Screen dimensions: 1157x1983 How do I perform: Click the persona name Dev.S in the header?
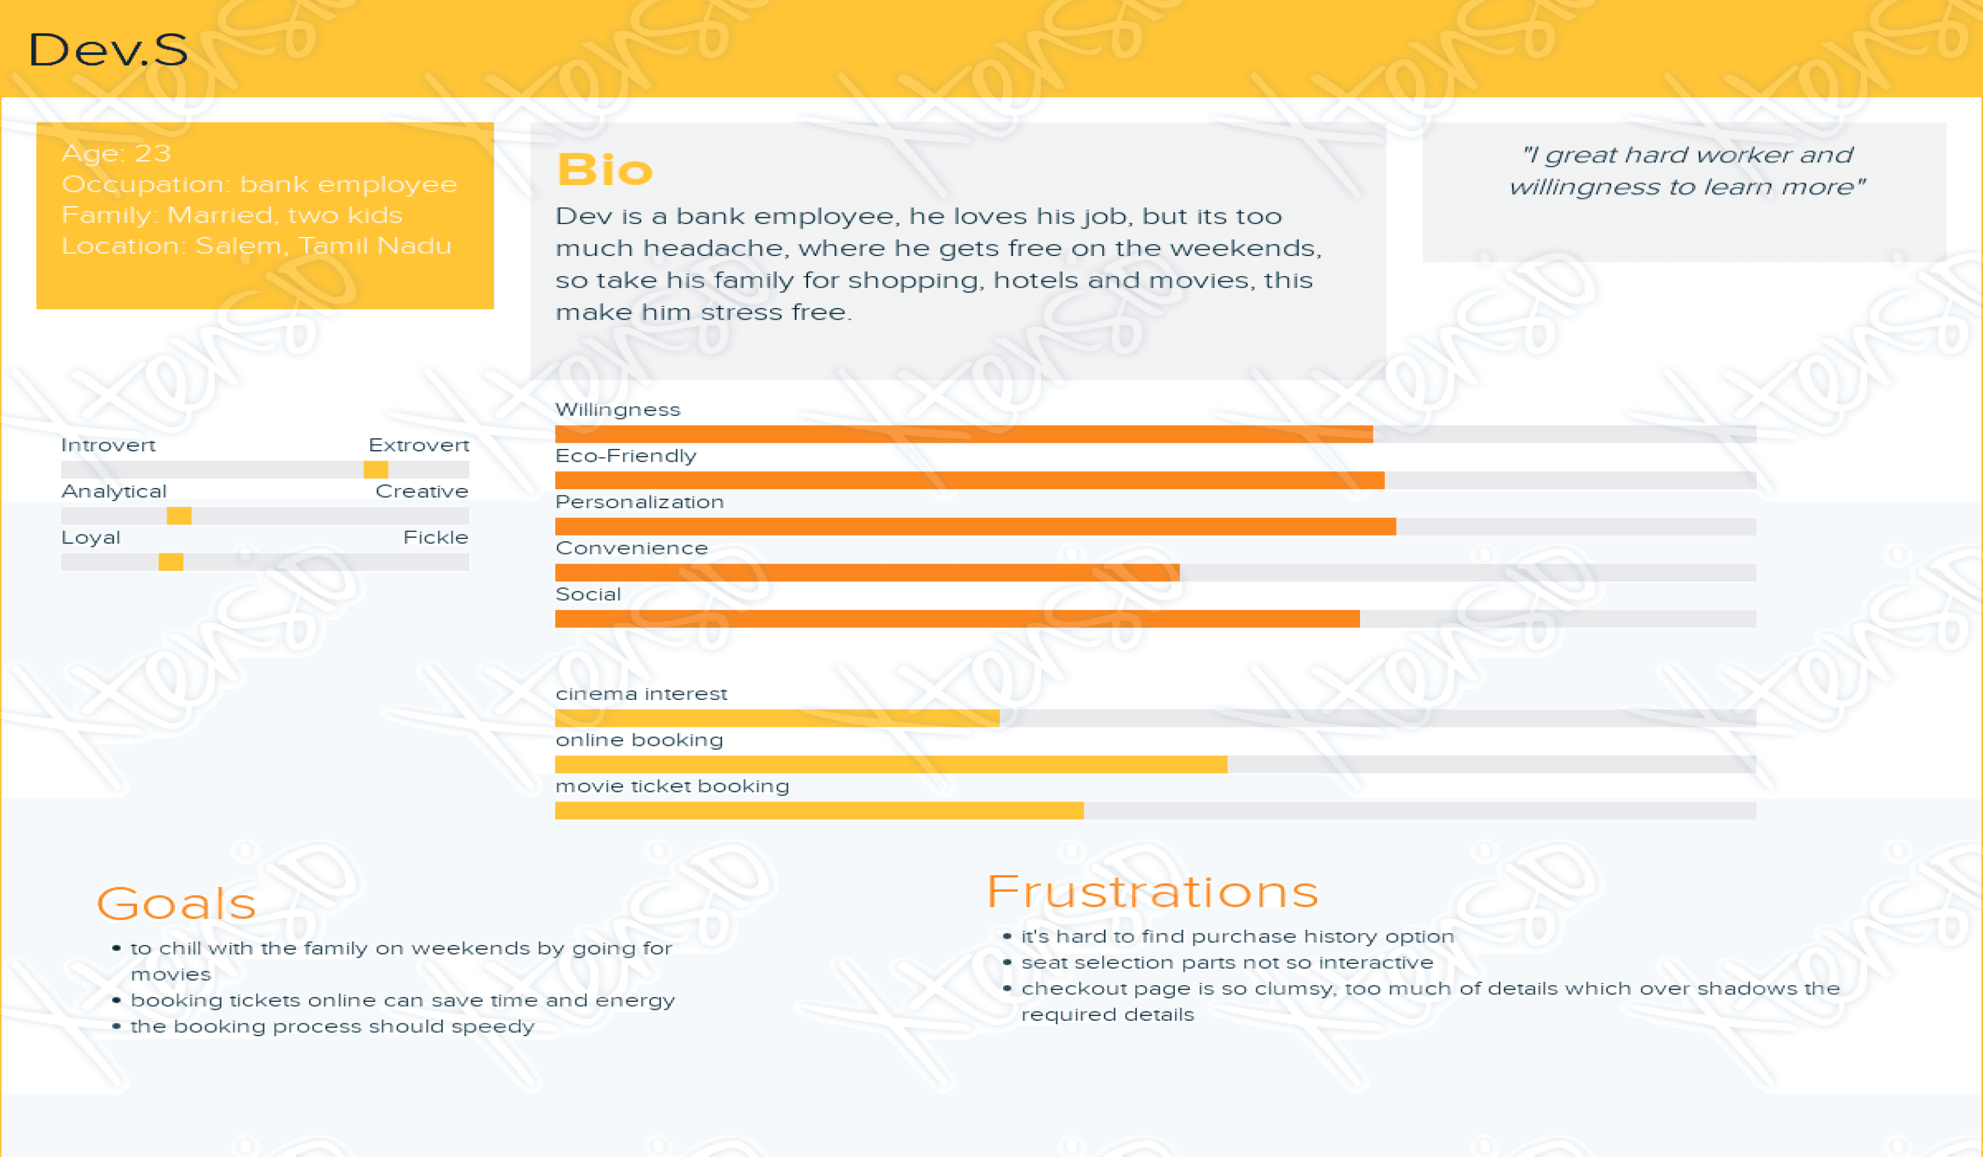click(x=108, y=50)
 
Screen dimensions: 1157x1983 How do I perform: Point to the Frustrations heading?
click(x=1152, y=892)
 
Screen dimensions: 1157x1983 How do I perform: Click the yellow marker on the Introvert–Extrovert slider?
click(x=375, y=470)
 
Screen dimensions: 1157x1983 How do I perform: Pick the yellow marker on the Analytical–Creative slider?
click(x=179, y=516)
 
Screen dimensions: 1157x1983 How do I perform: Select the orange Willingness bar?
click(x=963, y=434)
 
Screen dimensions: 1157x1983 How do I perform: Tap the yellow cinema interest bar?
click(x=777, y=718)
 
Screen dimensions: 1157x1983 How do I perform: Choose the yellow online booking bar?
click(x=891, y=765)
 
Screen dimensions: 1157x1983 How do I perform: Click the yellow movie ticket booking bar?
click(x=818, y=811)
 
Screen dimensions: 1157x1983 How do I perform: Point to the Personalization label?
click(x=639, y=502)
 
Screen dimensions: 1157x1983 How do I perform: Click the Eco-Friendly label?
click(x=626, y=456)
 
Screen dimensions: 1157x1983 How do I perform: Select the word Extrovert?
click(x=418, y=445)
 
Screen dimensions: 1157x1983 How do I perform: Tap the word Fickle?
click(x=435, y=538)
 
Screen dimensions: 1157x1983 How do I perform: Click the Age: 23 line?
click(x=116, y=154)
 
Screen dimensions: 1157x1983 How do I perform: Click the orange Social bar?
click(x=957, y=619)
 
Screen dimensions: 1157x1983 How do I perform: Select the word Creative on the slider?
click(x=422, y=491)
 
